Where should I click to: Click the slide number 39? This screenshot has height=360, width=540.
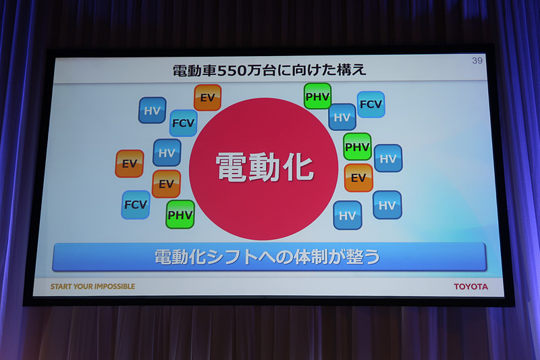477,61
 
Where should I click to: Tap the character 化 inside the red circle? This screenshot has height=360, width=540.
298,165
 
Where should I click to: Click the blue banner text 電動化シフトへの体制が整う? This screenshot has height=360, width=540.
268,257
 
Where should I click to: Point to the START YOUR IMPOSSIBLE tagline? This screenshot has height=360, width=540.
92,286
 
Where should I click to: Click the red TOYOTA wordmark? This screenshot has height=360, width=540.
470,286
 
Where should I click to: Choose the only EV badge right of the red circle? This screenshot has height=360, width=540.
358,178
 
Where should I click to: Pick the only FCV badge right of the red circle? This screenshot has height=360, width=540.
371,105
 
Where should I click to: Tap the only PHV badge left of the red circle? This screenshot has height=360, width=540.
180,215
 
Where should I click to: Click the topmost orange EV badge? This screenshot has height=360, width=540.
207,97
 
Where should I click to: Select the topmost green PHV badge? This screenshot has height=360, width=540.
317,97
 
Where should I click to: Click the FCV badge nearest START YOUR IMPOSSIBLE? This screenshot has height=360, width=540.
136,205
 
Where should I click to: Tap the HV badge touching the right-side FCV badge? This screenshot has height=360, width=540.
342,118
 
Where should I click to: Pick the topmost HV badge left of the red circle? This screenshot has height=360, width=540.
152,110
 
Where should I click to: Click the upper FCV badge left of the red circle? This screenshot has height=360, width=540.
183,124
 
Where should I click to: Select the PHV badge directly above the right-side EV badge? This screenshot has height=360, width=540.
357,147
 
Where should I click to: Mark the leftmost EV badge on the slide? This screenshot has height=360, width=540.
129,163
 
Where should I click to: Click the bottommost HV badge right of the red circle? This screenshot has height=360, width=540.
348,215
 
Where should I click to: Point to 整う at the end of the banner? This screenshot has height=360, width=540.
365,257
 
